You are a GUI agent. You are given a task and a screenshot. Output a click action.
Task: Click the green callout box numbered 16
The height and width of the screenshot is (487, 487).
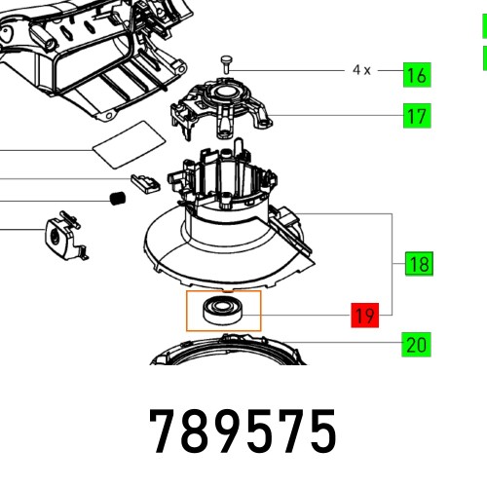point(418,74)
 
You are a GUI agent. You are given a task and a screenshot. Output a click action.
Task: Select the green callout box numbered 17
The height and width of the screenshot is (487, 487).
point(418,116)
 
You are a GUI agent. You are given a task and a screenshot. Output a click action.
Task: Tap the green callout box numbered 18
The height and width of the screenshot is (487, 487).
point(420,264)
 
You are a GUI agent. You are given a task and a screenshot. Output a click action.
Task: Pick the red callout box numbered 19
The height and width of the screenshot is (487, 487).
point(364,315)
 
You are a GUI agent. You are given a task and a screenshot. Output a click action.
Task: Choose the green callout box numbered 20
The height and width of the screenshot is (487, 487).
point(417,344)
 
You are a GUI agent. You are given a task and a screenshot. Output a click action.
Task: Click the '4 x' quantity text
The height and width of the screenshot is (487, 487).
point(361,70)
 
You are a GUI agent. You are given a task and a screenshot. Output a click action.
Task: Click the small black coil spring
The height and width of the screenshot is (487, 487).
point(118,200)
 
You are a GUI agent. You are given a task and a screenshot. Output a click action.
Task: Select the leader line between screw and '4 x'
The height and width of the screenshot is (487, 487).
point(292,69)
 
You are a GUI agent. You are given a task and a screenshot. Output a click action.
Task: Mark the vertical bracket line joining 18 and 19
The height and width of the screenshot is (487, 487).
point(393,263)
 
